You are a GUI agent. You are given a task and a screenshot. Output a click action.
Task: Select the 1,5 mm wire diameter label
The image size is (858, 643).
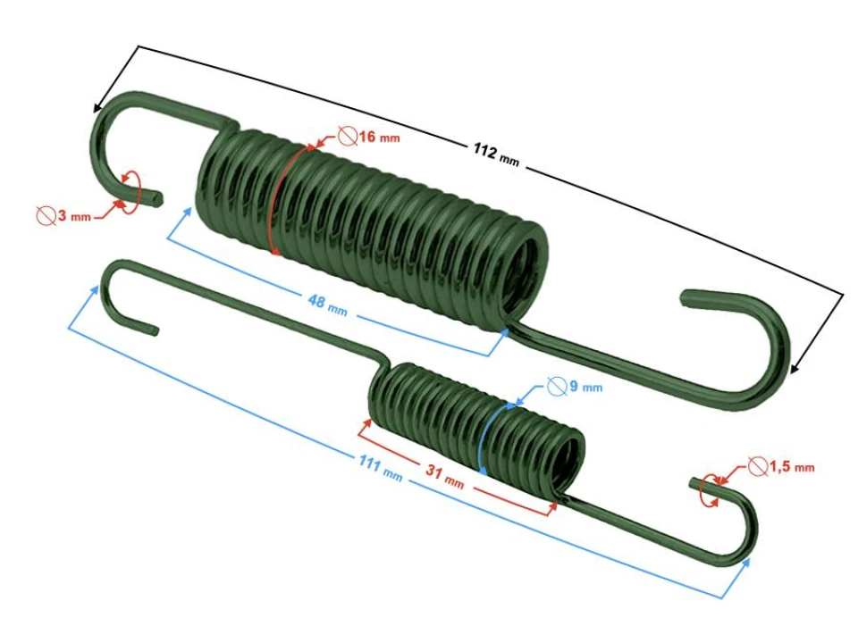coord(791,467)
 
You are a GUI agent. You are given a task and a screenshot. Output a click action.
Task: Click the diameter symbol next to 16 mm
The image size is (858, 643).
coord(348,136)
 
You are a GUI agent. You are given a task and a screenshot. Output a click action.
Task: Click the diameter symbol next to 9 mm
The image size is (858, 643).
coord(556,387)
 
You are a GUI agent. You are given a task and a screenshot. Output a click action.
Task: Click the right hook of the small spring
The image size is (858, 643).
coord(737,527)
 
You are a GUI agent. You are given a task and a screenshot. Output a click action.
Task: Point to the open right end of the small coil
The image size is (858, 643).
coord(572,460)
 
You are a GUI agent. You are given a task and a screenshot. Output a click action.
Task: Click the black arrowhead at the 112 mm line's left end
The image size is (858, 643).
coord(96,107)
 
